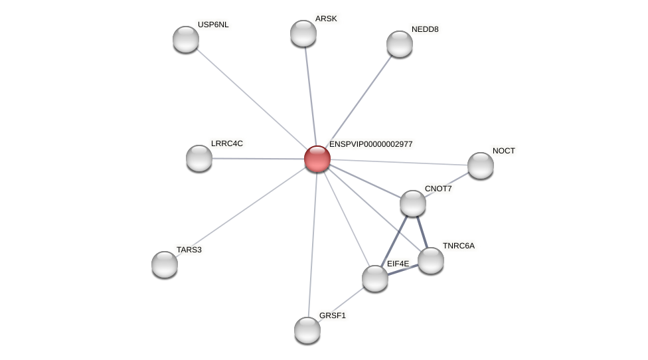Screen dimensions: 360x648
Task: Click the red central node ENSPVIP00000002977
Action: click(317, 159)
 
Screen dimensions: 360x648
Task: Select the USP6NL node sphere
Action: click(186, 39)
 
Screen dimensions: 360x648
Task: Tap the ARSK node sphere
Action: click(303, 33)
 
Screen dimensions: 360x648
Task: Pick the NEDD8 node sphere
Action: click(400, 44)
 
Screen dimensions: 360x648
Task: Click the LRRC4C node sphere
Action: click(199, 158)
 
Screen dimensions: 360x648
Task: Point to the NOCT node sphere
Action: click(481, 165)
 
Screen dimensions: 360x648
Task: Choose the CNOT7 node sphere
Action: click(413, 203)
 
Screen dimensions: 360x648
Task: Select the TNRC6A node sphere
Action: click(431, 260)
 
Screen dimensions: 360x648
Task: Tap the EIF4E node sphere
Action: click(375, 278)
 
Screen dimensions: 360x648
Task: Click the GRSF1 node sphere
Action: click(307, 330)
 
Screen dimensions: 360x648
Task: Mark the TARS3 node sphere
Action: click(165, 264)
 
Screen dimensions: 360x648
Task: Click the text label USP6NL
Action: click(213, 25)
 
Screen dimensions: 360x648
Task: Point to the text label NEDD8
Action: click(425, 29)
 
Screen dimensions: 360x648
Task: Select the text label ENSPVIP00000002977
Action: click(370, 144)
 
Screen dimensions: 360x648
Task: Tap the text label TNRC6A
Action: click(459, 246)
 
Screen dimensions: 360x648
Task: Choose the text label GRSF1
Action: click(333, 315)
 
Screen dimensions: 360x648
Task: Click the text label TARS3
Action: click(189, 250)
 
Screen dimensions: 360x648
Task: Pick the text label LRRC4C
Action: click(227, 143)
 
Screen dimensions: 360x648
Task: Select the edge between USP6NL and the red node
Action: click(252, 99)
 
